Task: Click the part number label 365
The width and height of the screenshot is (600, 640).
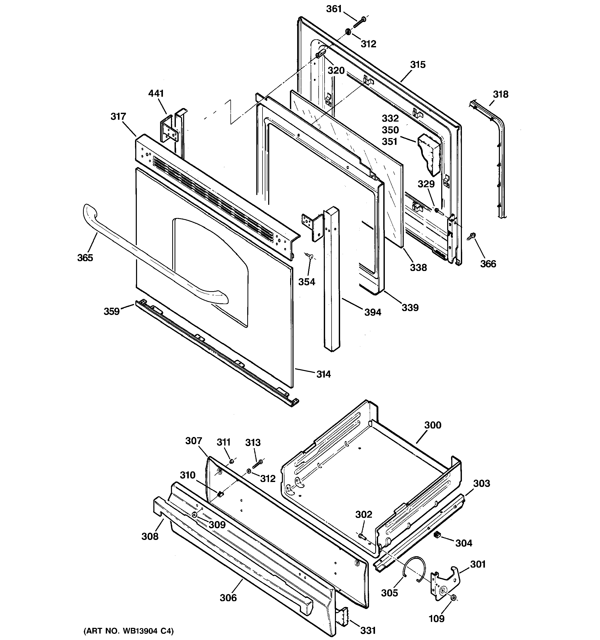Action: (85, 258)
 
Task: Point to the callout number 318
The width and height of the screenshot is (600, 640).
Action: (500, 94)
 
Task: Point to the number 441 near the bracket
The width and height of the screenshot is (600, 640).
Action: (156, 93)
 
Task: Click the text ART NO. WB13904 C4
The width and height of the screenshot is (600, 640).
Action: (129, 631)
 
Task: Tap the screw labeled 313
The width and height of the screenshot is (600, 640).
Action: (257, 464)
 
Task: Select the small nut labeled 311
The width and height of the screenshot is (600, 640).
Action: (231, 462)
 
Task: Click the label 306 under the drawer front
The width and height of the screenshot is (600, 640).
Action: (228, 598)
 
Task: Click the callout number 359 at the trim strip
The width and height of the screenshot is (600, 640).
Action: (111, 311)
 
